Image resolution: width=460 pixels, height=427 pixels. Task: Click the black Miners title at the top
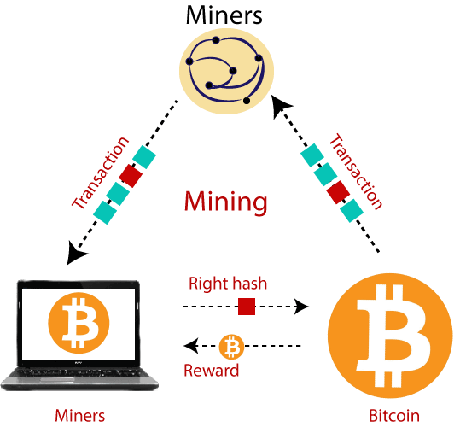[224, 15]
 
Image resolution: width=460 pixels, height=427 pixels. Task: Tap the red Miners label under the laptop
[80, 416]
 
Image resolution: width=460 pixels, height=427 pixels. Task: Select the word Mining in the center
[226, 202]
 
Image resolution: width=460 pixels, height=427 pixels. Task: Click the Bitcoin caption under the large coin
[394, 416]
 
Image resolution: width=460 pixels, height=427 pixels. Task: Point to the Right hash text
[228, 284]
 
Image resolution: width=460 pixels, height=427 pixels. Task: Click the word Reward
[212, 371]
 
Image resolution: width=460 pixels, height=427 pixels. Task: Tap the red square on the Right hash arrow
[247, 307]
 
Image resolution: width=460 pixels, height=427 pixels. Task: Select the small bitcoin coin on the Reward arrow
[231, 347]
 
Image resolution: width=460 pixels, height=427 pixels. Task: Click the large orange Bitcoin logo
[390, 336]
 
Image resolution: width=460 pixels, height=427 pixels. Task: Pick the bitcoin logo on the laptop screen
[79, 323]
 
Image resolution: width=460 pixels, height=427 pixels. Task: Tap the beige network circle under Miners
[226, 71]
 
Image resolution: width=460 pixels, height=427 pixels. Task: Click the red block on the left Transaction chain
[131, 175]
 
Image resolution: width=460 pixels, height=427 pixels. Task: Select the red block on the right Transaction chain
[338, 192]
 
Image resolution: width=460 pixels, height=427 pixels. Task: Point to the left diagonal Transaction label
[101, 173]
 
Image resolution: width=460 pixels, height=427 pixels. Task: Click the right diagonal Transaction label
[356, 171]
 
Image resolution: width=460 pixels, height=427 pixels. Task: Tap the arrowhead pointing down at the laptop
[75, 254]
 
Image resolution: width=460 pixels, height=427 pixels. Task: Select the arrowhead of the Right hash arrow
[301, 307]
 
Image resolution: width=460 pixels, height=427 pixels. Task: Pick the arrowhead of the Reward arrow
[191, 346]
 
